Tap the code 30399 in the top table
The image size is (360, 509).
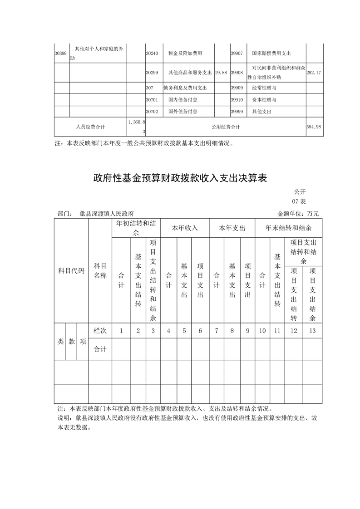[61, 53]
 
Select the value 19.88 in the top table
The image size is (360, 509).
[221, 73]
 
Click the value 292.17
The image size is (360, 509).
[314, 73]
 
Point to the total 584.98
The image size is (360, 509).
[314, 127]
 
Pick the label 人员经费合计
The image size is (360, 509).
[90, 127]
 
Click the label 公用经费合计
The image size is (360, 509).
[226, 127]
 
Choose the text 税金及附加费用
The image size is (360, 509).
[185, 53]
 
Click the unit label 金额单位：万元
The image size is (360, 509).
[298, 213]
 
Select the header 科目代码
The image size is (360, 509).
[71, 271]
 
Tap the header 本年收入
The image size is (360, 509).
[185, 228]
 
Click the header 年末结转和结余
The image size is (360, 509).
[288, 228]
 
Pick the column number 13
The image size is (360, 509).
[312, 331]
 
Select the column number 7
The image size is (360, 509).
[217, 331]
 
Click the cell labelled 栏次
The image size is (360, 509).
[100, 331]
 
